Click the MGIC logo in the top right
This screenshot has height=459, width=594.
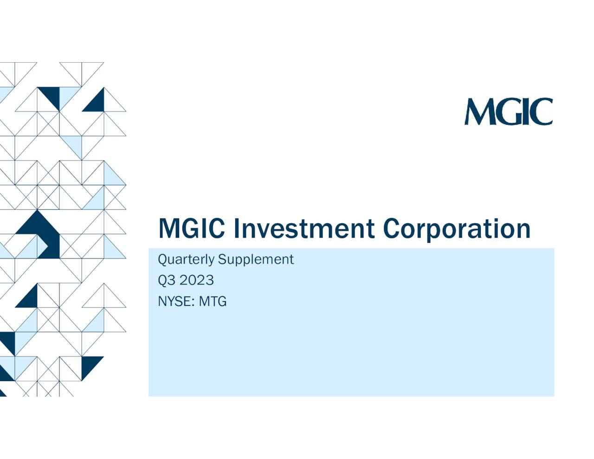[509, 111]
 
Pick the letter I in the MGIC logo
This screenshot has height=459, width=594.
[526, 112]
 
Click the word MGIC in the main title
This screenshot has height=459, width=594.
[192, 229]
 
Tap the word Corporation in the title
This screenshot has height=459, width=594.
[457, 229]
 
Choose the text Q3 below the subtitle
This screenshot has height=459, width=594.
[167, 280]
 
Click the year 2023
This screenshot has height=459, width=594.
[196, 280]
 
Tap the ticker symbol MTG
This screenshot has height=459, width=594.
[213, 302]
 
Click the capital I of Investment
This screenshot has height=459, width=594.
[236, 229]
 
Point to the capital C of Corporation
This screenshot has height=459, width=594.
[392, 229]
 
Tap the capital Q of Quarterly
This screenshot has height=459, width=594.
[162, 259]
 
